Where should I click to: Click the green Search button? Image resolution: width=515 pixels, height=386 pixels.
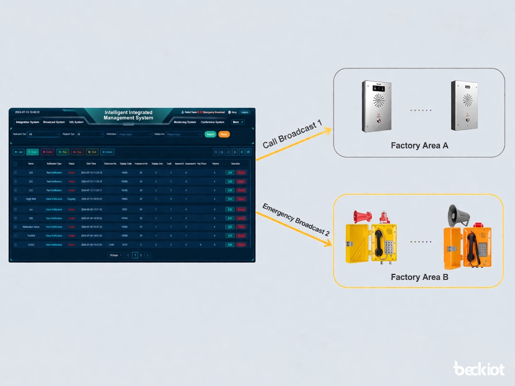click(210, 134)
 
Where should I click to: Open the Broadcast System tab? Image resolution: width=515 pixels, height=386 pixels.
click(54, 122)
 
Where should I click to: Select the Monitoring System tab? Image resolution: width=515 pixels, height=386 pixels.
click(185, 122)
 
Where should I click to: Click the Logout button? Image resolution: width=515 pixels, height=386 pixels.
click(244, 112)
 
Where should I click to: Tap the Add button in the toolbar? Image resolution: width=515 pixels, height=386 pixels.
click(19, 152)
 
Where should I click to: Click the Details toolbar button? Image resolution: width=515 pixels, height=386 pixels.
click(107, 152)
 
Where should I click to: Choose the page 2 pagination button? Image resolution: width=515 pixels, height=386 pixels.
click(141, 255)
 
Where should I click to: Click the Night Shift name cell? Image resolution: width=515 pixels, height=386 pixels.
click(31, 199)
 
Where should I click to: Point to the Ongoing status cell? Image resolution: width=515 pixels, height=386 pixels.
click(71, 199)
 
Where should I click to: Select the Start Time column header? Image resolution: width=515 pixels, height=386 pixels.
click(91, 164)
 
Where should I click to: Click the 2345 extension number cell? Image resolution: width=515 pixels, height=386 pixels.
click(111, 245)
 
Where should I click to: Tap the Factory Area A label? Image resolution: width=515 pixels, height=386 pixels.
click(419, 146)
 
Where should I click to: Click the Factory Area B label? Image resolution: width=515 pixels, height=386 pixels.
click(419, 277)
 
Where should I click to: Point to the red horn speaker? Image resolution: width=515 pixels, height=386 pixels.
click(363, 215)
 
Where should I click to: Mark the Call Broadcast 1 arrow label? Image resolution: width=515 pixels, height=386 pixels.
click(292, 134)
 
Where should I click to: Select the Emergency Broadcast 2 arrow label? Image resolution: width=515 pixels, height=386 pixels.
click(295, 219)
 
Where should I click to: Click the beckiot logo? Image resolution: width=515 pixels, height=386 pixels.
click(478, 369)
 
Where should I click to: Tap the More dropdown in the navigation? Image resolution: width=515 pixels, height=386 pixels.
click(237, 122)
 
